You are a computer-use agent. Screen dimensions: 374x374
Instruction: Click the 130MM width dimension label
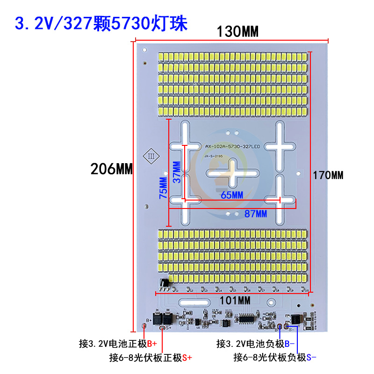click(237, 32)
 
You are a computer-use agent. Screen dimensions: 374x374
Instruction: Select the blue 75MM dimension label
click(163, 188)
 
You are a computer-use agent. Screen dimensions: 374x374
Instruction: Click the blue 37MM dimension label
click(176, 173)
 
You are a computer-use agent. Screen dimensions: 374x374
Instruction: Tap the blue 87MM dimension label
click(255, 214)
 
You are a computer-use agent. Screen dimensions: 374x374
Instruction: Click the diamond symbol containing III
click(151, 156)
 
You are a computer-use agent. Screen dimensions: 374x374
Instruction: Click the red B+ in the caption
click(152, 344)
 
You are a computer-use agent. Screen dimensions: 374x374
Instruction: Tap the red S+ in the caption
click(187, 358)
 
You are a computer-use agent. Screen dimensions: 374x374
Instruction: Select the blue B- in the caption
click(289, 344)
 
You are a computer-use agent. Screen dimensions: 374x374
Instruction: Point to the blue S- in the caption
click(311, 358)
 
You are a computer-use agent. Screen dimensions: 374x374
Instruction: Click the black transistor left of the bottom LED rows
click(164, 283)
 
